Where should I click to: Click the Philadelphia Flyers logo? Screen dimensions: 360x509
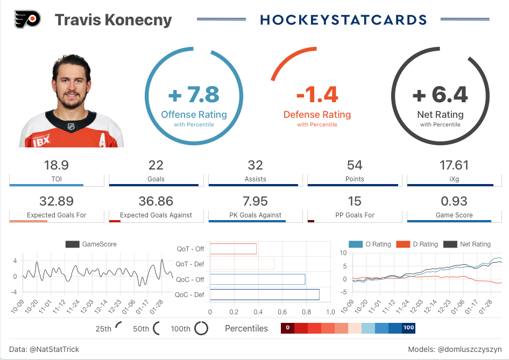(27, 20)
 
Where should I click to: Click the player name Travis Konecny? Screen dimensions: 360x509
(113, 20)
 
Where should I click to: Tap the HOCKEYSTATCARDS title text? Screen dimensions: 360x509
(343, 20)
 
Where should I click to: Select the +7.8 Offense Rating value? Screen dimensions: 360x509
(194, 95)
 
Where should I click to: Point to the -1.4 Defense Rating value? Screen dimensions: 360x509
(317, 95)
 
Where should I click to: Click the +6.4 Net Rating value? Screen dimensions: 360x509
(440, 95)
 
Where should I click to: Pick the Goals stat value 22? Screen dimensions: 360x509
(155, 165)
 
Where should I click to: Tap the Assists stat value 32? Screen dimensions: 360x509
(255, 165)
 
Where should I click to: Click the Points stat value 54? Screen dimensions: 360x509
(355, 165)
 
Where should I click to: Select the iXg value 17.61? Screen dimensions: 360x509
(454, 165)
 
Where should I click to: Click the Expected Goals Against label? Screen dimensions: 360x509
(156, 215)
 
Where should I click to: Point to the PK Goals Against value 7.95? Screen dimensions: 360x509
(255, 201)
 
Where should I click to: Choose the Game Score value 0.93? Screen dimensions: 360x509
(454, 201)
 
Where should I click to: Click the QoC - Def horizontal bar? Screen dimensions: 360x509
(264, 294)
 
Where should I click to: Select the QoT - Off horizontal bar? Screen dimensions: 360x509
(233, 249)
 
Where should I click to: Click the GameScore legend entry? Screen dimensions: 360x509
(91, 244)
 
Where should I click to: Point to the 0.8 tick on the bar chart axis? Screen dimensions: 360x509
(306, 312)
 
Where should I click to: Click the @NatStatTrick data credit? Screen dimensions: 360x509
(54, 349)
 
